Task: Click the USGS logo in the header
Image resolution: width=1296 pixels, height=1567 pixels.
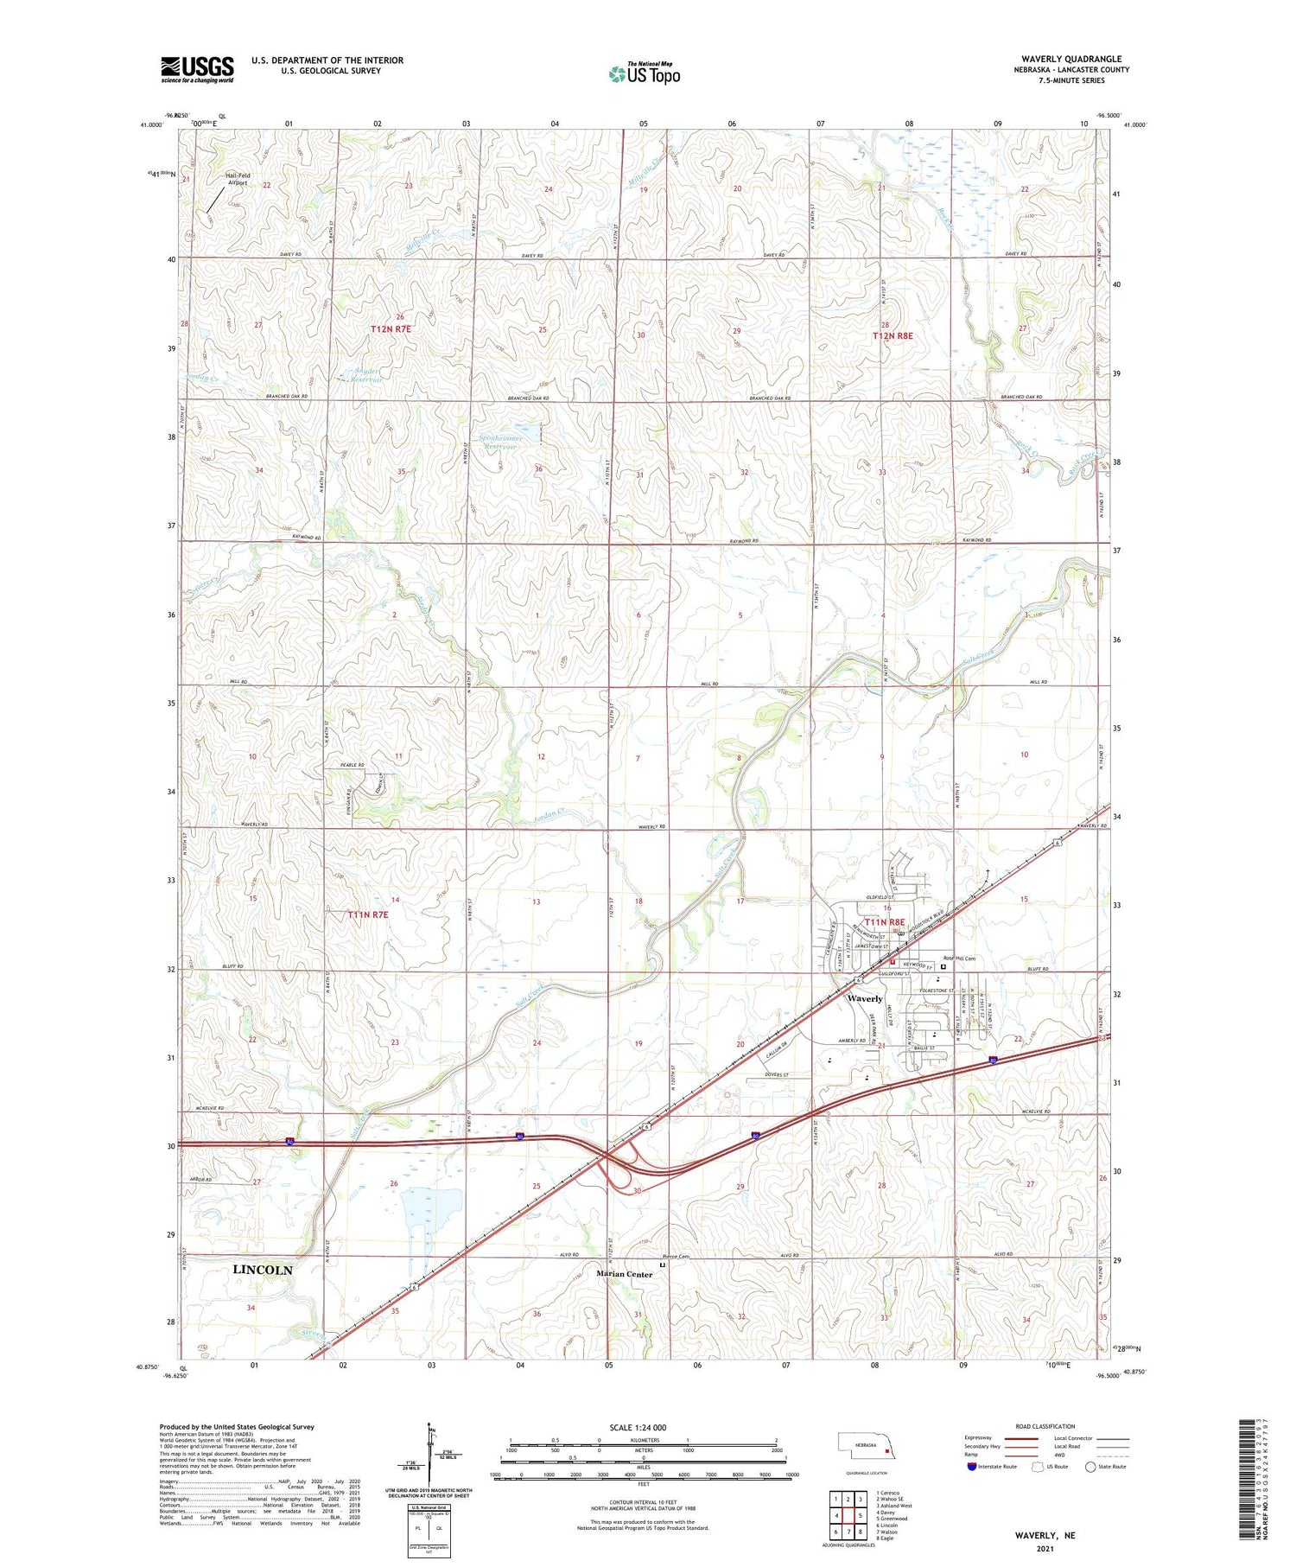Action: pyautogui.click(x=197, y=69)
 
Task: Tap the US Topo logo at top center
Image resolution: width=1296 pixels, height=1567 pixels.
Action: pyautogui.click(x=645, y=74)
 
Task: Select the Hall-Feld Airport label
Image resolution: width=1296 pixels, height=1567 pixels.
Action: pyautogui.click(x=232, y=179)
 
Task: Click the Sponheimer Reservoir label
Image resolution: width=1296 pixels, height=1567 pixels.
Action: pyautogui.click(x=498, y=442)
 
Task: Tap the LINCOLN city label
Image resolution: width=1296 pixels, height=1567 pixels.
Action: pyautogui.click(x=264, y=1270)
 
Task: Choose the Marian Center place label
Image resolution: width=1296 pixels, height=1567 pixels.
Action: pyautogui.click(x=625, y=1274)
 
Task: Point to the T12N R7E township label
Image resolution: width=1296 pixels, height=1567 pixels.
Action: pyautogui.click(x=394, y=329)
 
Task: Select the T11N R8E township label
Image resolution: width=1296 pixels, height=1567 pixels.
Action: pyautogui.click(x=884, y=922)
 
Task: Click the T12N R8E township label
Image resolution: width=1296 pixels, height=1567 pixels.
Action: pyautogui.click(x=893, y=335)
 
